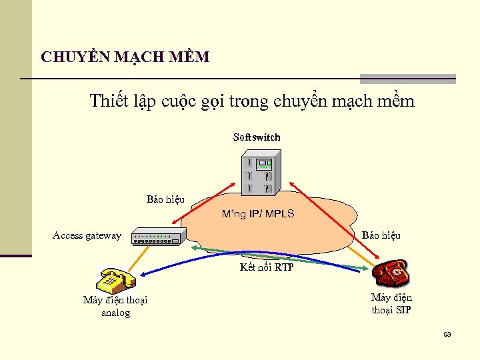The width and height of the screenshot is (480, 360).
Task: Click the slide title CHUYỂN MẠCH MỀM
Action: coord(125,57)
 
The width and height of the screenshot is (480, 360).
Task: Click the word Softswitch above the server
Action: coord(257,137)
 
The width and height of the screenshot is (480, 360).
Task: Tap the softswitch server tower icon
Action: coord(260,172)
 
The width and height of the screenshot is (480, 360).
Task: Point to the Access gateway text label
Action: coord(87,235)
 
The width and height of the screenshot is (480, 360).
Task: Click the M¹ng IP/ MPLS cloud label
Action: coord(258,215)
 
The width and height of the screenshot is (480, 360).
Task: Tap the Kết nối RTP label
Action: coord(267,268)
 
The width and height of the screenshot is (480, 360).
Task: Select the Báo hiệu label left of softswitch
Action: coord(165,199)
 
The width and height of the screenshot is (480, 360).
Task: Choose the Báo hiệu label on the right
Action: coord(381,235)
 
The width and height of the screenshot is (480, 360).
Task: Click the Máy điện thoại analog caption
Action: coord(115,306)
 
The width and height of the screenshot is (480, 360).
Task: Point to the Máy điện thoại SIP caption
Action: coord(391,303)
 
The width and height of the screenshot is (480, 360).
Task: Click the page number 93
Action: coord(447,334)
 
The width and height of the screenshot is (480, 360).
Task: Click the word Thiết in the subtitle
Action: coord(107,101)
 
